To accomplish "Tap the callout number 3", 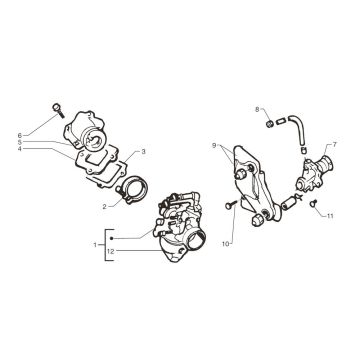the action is (x=144, y=151).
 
